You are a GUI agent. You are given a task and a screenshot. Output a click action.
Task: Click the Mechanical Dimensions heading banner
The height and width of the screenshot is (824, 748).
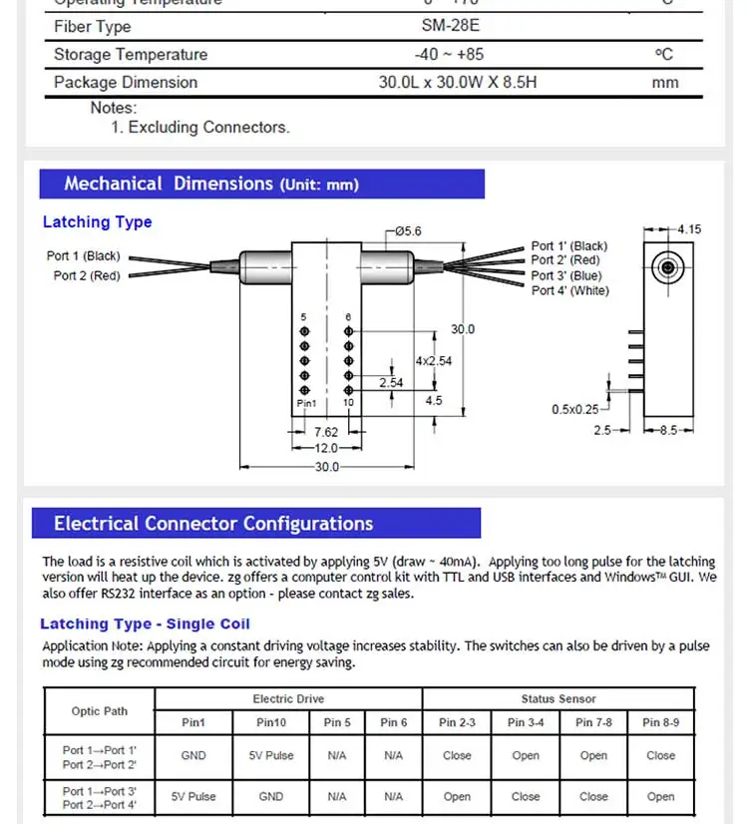point(261,184)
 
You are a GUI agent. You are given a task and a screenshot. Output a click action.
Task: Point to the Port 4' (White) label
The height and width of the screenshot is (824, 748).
point(569,290)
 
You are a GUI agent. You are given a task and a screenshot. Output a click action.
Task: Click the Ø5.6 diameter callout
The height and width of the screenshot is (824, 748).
point(408,231)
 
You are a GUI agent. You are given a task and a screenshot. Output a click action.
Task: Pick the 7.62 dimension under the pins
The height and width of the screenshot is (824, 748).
point(326,433)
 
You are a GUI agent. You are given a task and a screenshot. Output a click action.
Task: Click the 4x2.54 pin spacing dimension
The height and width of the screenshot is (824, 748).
point(434,361)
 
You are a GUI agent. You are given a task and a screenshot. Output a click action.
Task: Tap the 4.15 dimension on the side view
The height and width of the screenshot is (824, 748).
point(689,229)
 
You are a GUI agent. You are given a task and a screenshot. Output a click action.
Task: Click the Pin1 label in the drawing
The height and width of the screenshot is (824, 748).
point(306,403)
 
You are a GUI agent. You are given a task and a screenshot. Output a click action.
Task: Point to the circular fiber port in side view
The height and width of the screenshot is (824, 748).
point(665,267)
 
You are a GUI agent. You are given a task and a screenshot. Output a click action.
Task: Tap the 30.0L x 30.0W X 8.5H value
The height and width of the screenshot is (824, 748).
point(457,82)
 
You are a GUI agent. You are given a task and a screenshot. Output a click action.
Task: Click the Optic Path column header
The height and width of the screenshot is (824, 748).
point(99,710)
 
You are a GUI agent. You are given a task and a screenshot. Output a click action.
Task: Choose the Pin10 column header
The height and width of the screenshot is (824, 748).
point(271,722)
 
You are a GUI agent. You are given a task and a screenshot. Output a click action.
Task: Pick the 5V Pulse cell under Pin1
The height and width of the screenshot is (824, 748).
point(193,797)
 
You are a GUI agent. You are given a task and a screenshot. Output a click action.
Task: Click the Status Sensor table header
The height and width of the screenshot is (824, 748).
point(559,699)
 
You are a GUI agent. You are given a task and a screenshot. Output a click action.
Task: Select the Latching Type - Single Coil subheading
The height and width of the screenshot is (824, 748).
point(145,623)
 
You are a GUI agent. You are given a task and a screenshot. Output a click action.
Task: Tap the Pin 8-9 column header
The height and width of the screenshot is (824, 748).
point(660,722)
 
